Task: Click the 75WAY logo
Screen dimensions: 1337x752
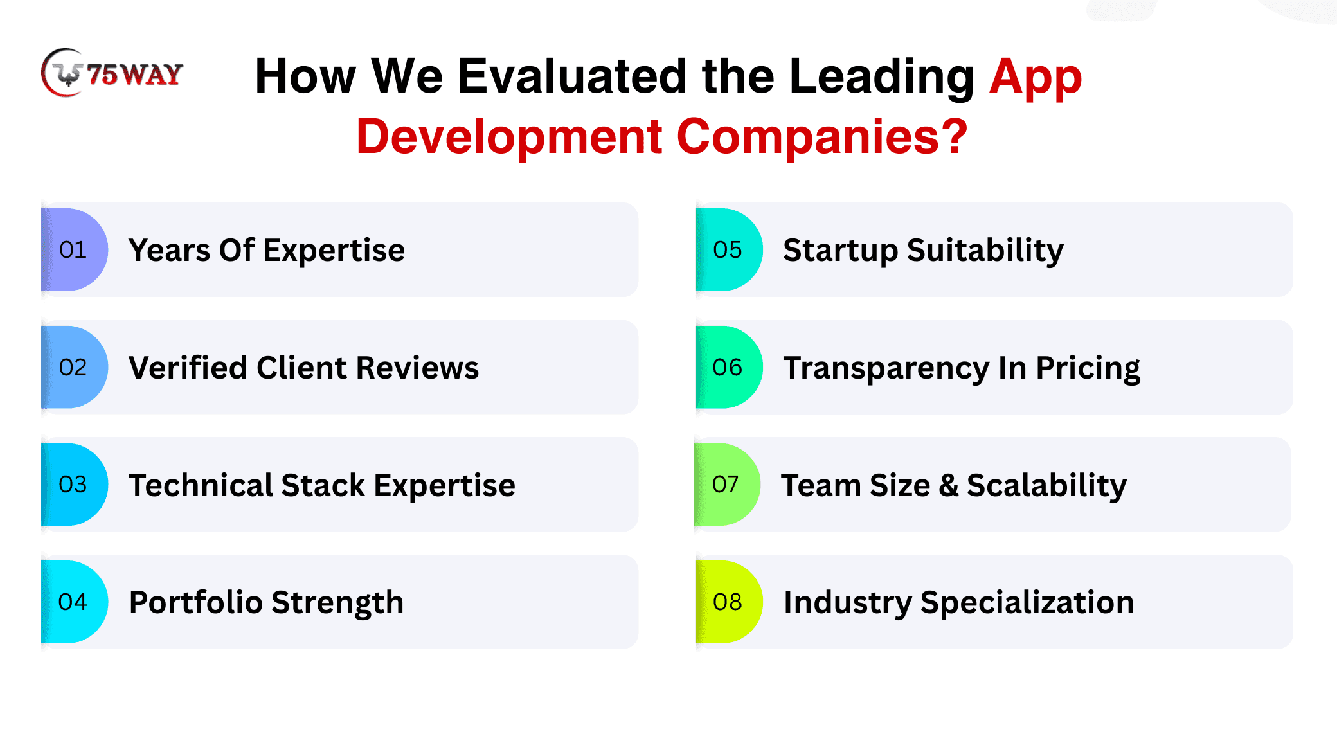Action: point(112,73)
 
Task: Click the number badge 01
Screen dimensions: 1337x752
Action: point(74,249)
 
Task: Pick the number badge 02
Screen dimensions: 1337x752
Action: point(74,367)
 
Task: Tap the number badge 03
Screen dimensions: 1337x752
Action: point(74,485)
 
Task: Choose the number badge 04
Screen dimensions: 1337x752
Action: point(74,602)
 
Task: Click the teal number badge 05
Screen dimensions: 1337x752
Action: point(729,249)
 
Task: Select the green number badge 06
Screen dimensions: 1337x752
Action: point(729,367)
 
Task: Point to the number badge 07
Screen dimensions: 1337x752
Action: point(727,485)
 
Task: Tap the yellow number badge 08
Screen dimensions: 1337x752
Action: point(729,602)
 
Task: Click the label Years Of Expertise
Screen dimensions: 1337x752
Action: point(267,251)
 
